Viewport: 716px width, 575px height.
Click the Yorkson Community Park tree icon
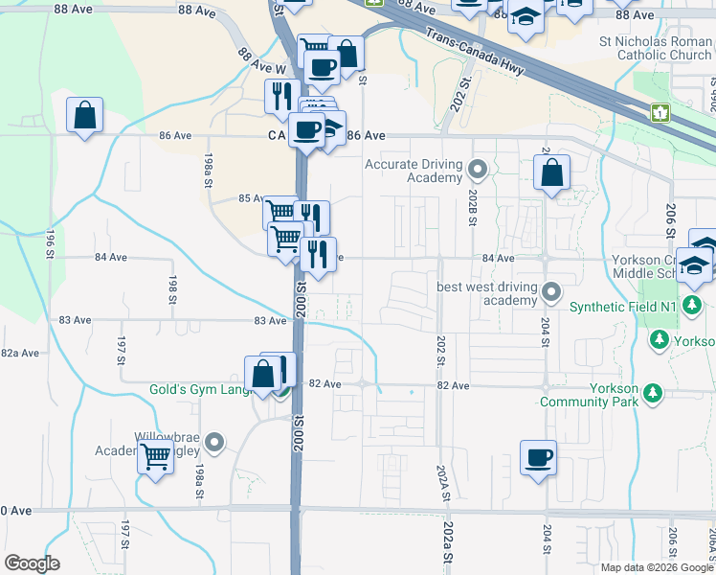(x=653, y=393)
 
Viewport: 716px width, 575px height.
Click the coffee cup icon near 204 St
(x=539, y=457)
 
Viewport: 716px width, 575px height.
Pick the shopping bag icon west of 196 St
(x=85, y=116)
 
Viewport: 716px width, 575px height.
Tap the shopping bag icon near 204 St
(x=552, y=173)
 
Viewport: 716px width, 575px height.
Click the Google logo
(x=32, y=563)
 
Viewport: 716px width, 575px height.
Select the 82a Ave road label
(x=19, y=353)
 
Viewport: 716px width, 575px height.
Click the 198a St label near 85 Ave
(x=208, y=170)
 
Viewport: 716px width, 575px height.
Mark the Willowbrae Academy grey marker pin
(x=215, y=443)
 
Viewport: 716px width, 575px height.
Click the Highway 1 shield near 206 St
(x=660, y=113)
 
